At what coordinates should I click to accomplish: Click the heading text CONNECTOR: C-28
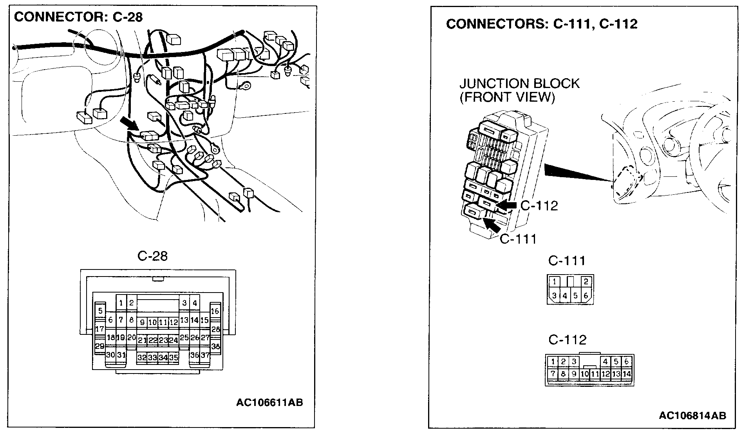(78, 17)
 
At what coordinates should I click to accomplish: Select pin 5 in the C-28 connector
(101, 311)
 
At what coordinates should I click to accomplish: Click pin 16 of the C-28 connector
(215, 311)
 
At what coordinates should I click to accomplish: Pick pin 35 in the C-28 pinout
(174, 357)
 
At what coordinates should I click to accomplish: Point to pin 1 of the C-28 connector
(121, 303)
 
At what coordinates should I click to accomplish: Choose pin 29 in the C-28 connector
(100, 346)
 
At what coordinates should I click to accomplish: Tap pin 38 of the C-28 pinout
(215, 346)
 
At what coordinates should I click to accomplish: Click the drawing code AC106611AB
(269, 403)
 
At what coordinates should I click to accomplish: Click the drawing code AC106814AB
(692, 415)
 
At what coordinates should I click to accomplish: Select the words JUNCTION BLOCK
(519, 84)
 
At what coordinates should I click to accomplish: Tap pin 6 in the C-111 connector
(586, 296)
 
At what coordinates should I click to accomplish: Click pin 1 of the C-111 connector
(554, 282)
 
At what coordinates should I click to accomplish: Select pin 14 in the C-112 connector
(627, 374)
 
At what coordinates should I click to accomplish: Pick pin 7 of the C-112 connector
(553, 374)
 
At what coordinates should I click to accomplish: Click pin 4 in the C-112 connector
(606, 361)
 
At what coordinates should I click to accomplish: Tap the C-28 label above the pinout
(152, 256)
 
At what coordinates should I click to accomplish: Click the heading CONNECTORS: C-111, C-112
(542, 24)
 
